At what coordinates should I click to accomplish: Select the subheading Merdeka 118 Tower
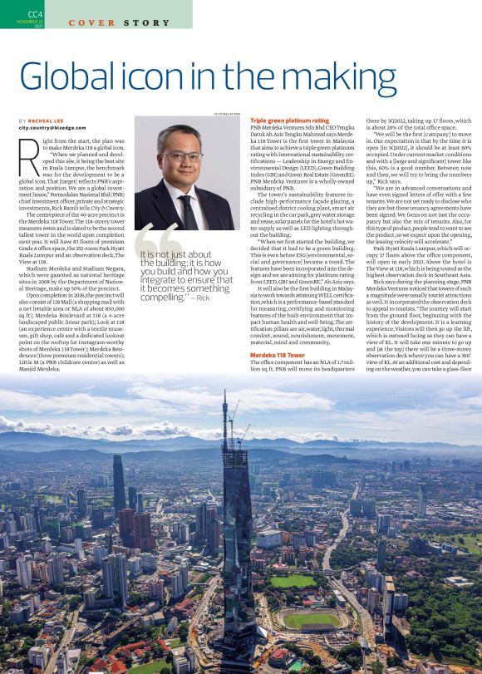point(278,377)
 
